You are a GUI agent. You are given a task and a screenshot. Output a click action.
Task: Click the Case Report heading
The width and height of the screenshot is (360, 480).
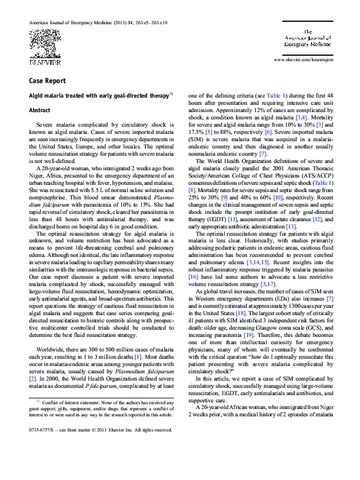point(47,81)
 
